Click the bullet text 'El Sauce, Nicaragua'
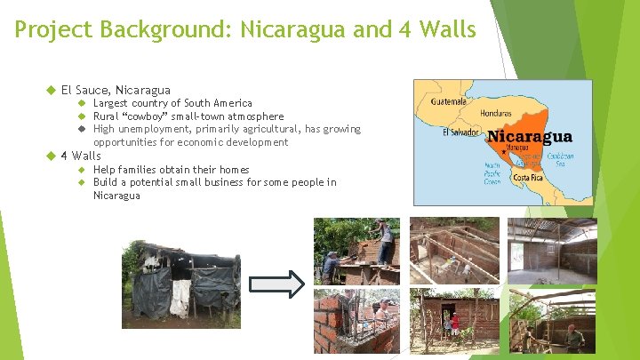(x=116, y=90)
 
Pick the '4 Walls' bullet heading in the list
(x=80, y=156)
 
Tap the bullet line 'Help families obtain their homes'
(x=171, y=170)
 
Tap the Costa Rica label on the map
(x=528, y=177)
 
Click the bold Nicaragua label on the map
(x=531, y=137)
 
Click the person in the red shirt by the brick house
(x=455, y=322)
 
